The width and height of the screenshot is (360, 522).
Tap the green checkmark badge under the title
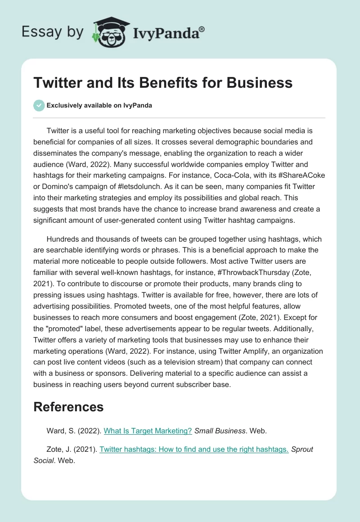click(x=39, y=106)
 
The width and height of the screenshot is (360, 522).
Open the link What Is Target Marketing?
click(x=148, y=431)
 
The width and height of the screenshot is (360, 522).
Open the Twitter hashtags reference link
click(x=194, y=449)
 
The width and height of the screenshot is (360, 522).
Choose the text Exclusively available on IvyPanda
click(x=99, y=106)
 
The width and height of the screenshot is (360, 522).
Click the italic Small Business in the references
click(x=220, y=431)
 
